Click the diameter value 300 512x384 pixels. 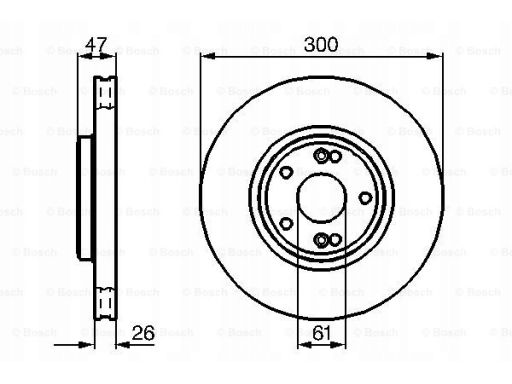coord(321,45)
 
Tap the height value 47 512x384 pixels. coord(96,44)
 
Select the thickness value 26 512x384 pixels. coord(143,332)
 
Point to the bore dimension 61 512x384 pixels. coord(322,332)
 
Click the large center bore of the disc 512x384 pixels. coord(322,198)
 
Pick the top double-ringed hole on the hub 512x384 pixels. coord(321,156)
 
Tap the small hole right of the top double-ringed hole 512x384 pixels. coord(335,156)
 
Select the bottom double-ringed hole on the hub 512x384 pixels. coord(321,240)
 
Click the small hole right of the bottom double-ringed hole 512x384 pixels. coord(335,240)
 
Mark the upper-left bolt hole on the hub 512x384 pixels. coord(286,172)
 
